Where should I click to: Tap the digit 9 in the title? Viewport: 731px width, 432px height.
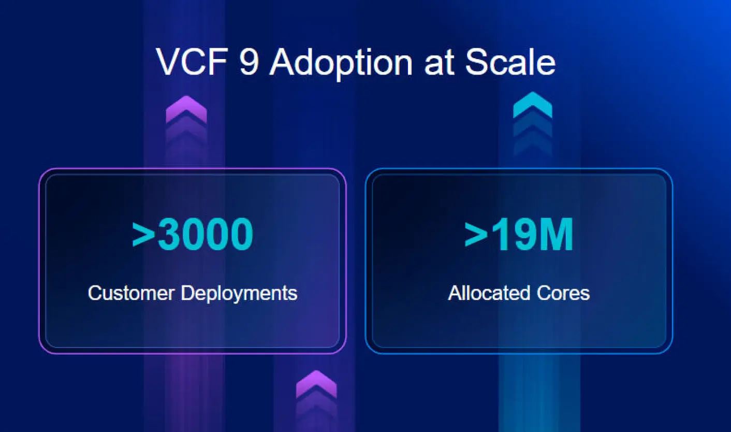pos(249,62)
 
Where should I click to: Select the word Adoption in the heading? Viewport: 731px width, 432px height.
pos(341,64)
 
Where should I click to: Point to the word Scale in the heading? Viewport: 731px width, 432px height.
pos(510,62)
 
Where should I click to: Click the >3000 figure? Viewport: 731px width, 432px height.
pos(193,234)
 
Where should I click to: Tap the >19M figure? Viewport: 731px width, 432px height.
pos(519,234)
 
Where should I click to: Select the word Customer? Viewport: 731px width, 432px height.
pos(131,293)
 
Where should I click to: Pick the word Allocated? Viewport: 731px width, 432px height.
pos(489,293)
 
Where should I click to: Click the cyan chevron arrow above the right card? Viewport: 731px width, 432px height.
pos(533,105)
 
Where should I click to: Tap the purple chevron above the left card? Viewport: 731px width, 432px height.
pos(186,110)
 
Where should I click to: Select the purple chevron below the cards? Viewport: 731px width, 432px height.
pos(316,384)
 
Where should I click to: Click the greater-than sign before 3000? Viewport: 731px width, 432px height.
pos(143,235)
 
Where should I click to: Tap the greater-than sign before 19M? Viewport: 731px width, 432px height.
pos(476,235)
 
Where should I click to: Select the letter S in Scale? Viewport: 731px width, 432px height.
pos(476,62)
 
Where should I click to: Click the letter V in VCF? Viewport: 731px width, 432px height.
pos(168,62)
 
